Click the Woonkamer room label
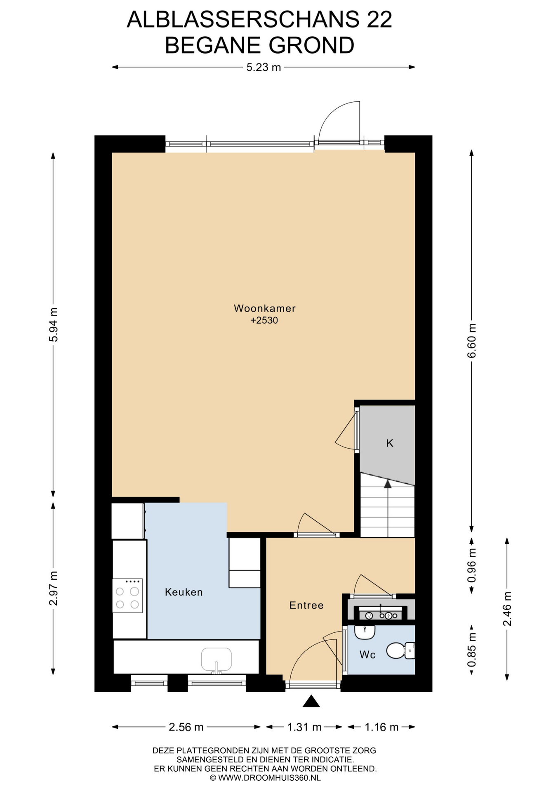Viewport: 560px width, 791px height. click(x=264, y=308)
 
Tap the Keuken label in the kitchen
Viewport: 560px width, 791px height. click(x=184, y=592)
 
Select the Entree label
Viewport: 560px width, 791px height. click(x=306, y=605)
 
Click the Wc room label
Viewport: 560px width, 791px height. click(x=367, y=655)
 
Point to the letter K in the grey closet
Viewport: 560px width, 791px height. click(x=390, y=443)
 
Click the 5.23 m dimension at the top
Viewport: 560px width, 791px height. click(x=264, y=67)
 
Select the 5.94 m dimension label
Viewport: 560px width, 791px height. click(x=54, y=324)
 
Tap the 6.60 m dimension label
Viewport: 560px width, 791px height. click(x=472, y=341)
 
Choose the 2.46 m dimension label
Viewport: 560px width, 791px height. click(x=507, y=608)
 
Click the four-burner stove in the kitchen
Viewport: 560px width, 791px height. click(x=127, y=595)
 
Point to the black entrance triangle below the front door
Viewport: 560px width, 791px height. click(x=311, y=701)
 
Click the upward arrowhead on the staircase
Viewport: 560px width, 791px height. click(x=388, y=484)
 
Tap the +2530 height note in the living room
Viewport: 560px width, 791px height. click(x=264, y=320)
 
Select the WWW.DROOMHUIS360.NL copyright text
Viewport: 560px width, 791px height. click(x=269, y=778)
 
